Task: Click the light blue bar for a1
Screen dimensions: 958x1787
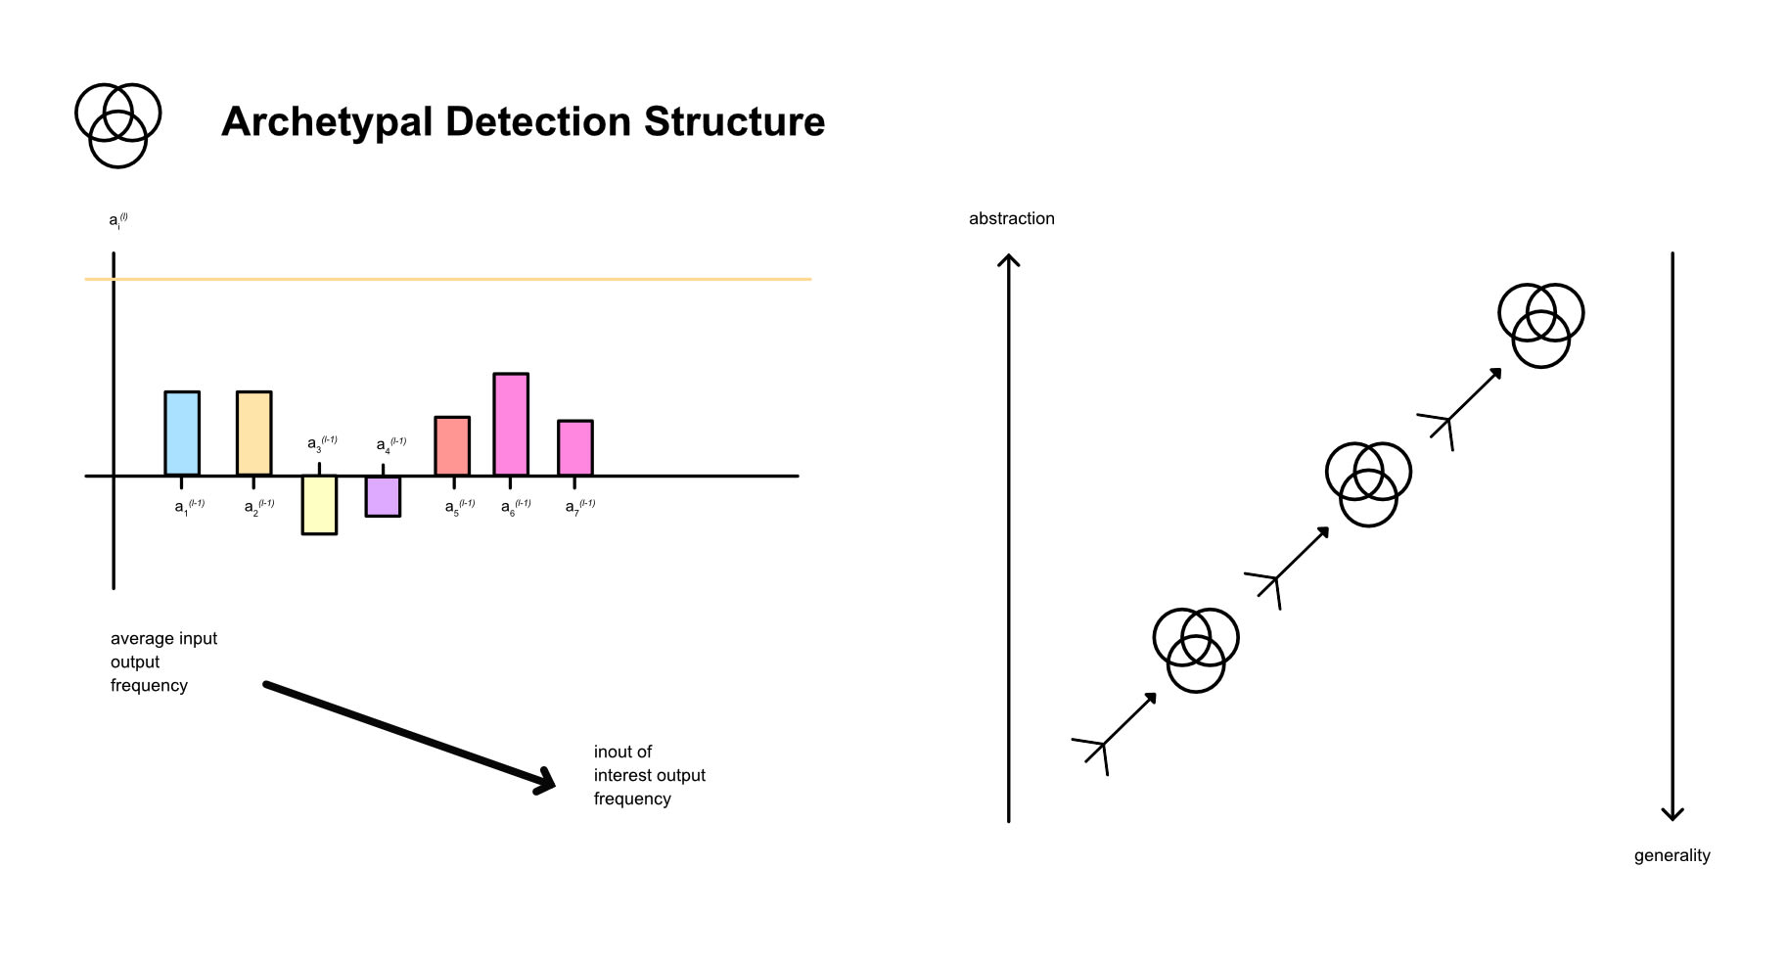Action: pyautogui.click(x=182, y=433)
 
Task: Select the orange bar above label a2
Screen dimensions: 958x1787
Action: pyautogui.click(x=253, y=433)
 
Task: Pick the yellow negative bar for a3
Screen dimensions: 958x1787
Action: pyautogui.click(x=319, y=504)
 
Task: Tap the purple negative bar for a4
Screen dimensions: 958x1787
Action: pyautogui.click(x=383, y=496)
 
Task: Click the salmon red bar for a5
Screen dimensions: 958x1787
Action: pyautogui.click(x=452, y=446)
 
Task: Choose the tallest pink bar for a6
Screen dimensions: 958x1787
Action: pyautogui.click(x=511, y=424)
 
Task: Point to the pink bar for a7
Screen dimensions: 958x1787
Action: pyautogui.click(x=575, y=448)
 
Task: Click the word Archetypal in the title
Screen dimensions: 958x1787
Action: pyautogui.click(x=327, y=122)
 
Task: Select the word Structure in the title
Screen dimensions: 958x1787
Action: pyautogui.click(x=734, y=122)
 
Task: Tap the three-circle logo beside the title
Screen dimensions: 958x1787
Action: pyautogui.click(x=118, y=125)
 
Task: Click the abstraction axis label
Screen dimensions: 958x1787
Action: pyautogui.click(x=1011, y=219)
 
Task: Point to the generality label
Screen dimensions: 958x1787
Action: pyautogui.click(x=1672, y=855)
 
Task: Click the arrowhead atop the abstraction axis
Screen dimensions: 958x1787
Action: pyautogui.click(x=1008, y=260)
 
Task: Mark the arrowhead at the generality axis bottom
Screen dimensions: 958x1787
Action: pyautogui.click(x=1672, y=814)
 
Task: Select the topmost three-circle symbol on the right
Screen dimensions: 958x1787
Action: pyautogui.click(x=1541, y=325)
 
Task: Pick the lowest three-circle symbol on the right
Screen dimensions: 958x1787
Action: pyautogui.click(x=1196, y=650)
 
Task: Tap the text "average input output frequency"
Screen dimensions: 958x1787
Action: pyautogui.click(x=163, y=661)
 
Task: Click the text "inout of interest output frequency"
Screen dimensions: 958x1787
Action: pyautogui.click(x=649, y=775)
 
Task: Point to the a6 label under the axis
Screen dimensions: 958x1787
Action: pyautogui.click(x=516, y=506)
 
